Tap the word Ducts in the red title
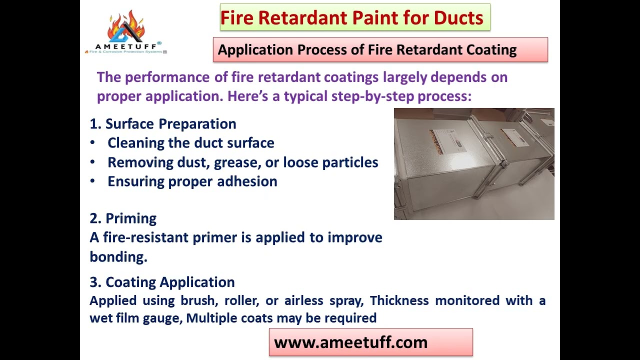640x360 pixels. pos(458,18)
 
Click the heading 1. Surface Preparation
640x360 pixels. pos(163,124)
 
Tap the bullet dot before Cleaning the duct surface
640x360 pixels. pos(92,143)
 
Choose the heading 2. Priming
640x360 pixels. pos(123,218)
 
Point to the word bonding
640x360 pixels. pos(118,256)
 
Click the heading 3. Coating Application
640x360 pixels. pos(162,282)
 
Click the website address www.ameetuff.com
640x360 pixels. pos(350,342)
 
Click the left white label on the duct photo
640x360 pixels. pos(444,140)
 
